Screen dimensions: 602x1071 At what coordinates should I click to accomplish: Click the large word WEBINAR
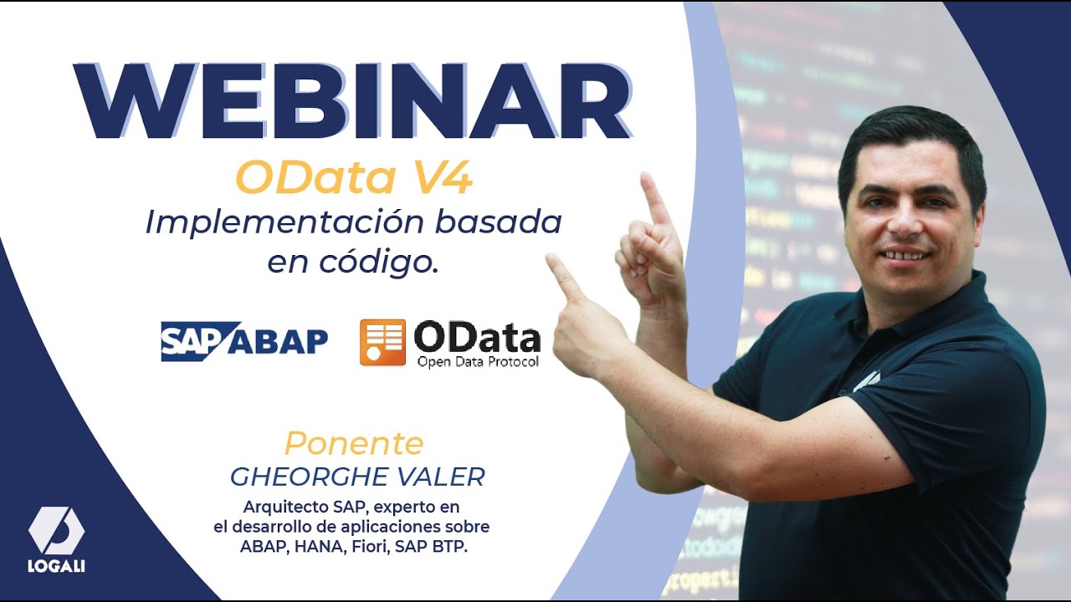pos(351,102)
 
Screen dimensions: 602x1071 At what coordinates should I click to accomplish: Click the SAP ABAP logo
pos(243,340)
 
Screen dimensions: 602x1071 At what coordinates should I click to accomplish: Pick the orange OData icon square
pos(382,342)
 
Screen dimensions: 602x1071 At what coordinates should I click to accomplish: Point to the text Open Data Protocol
pos(477,362)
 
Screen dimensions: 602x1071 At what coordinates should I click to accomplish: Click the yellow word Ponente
pos(353,442)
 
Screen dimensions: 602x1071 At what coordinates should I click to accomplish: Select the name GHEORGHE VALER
pos(357,477)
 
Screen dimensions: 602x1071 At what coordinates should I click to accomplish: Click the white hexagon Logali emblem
pos(56,532)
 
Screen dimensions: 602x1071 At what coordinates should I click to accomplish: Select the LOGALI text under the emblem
pos(57,567)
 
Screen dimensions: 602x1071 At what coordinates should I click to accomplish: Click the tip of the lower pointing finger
pos(552,261)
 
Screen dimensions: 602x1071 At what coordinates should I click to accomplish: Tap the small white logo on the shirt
pos(865,380)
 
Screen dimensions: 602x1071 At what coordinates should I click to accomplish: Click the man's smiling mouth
pos(905,253)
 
